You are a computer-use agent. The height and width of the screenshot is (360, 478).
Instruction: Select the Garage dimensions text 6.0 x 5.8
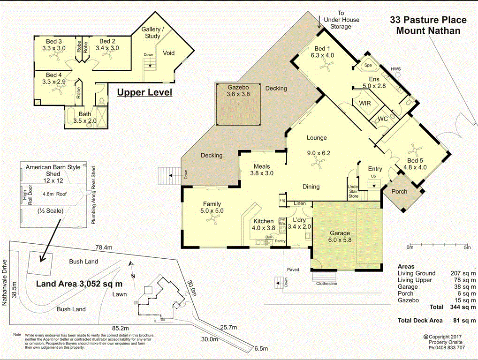(340, 240)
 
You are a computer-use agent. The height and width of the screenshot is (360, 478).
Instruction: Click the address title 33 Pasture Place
(428, 20)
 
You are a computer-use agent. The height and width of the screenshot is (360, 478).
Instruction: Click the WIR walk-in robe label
(365, 103)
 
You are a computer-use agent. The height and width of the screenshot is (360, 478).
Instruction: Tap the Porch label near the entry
(399, 191)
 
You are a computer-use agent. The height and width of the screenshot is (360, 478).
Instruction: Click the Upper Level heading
(144, 92)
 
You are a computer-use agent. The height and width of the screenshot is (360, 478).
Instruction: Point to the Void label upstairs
(168, 53)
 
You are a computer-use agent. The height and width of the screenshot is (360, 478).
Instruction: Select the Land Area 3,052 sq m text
(79, 284)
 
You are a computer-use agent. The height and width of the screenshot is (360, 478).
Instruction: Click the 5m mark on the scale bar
(467, 247)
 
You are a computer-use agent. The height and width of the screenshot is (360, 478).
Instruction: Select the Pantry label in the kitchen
(281, 241)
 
